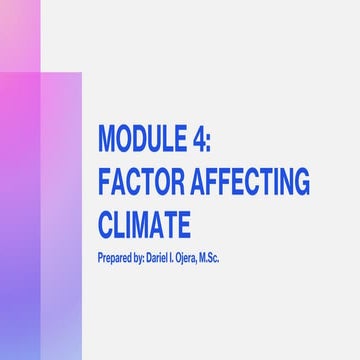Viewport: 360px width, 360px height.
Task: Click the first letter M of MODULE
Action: tap(107, 137)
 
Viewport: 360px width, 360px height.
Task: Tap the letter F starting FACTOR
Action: tap(103, 182)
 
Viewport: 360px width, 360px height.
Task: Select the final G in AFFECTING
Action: tap(302, 182)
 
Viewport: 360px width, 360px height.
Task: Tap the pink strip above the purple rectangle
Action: tap(19, 35)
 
